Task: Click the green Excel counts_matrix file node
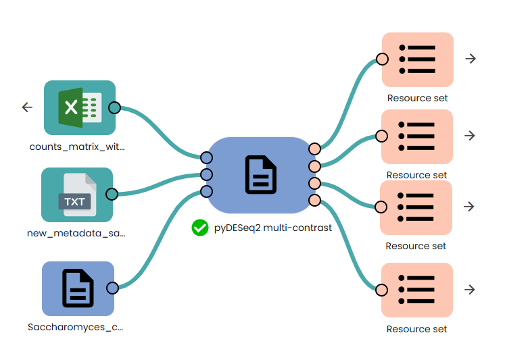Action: coord(80,107)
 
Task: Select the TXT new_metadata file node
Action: coord(76,195)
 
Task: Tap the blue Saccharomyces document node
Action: coord(78,288)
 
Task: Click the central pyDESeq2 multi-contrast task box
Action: coord(261,175)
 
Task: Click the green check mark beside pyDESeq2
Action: coord(199,228)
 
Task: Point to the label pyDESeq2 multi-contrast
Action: coord(272,228)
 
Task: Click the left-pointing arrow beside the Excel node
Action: coord(27,107)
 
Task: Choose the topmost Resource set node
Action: coord(417,59)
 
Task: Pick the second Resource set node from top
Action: coord(417,136)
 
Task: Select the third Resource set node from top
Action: coord(417,207)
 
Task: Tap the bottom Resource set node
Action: coord(417,290)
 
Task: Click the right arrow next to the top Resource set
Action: coord(471,59)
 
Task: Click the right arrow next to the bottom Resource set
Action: coord(471,290)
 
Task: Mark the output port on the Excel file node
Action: coord(114,107)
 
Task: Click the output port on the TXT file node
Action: coord(112,195)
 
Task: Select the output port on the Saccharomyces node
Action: coord(113,288)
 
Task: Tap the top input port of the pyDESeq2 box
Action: coord(206,157)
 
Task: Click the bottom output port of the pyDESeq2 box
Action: coord(314,200)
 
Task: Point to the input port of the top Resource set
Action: coord(382,59)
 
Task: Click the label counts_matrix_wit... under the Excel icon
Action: coord(77,146)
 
